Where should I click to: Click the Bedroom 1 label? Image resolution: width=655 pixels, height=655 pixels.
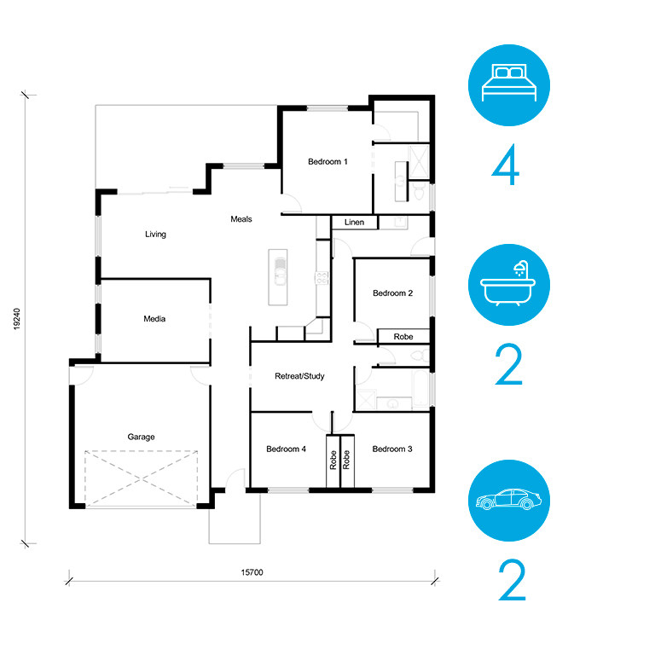pyautogui.click(x=327, y=162)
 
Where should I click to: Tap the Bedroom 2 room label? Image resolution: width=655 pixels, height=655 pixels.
pyautogui.click(x=392, y=293)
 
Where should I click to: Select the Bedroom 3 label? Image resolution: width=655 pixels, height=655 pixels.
pyautogui.click(x=392, y=449)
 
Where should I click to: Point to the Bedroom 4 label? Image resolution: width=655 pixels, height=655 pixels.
pyautogui.click(x=287, y=449)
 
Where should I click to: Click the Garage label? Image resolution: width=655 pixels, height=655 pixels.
pyautogui.click(x=142, y=437)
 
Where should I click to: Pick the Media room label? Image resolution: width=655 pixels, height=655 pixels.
pyautogui.click(x=154, y=319)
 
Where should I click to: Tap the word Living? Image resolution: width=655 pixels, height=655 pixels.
pyautogui.click(x=155, y=235)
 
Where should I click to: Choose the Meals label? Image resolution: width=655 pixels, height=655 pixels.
pyautogui.click(x=241, y=219)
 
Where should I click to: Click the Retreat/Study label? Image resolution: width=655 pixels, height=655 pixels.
pyautogui.click(x=299, y=376)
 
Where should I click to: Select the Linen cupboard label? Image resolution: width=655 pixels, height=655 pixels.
pyautogui.click(x=354, y=223)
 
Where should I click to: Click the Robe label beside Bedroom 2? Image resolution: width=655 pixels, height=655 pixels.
pyautogui.click(x=403, y=337)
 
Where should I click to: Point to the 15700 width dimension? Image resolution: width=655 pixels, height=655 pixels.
pyautogui.click(x=252, y=572)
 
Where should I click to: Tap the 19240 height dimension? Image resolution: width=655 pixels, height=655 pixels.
pyautogui.click(x=17, y=319)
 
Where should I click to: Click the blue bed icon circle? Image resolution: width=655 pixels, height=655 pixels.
pyautogui.click(x=509, y=85)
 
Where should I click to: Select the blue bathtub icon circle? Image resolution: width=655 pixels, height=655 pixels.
pyautogui.click(x=509, y=285)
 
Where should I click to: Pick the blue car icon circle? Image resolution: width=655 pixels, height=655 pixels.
pyautogui.click(x=509, y=501)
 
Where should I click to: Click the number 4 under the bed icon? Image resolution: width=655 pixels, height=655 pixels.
pyautogui.click(x=506, y=164)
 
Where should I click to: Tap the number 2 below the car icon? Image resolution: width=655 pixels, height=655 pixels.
pyautogui.click(x=512, y=580)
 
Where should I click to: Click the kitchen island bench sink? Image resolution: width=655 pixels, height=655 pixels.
pyautogui.click(x=280, y=271)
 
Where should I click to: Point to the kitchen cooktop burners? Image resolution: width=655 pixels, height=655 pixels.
pyautogui.click(x=322, y=278)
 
